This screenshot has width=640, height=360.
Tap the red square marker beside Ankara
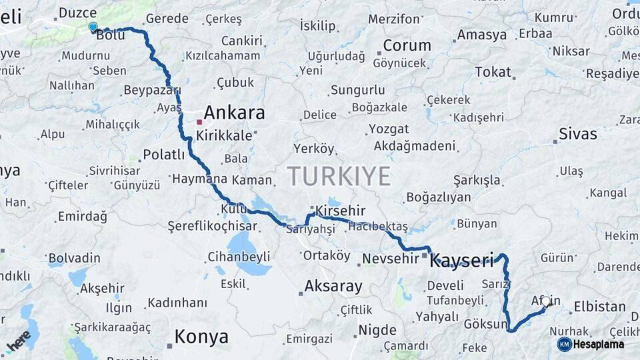click(x=199, y=122)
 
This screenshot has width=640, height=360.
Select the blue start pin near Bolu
click(x=93, y=27)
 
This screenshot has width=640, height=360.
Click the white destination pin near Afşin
click(x=546, y=301)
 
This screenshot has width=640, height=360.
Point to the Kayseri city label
click(x=462, y=260)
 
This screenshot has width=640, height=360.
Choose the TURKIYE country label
click(x=339, y=176)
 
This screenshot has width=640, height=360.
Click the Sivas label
click(x=577, y=134)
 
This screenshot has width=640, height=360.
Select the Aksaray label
click(x=333, y=287)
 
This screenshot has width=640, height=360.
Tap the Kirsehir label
click(x=341, y=211)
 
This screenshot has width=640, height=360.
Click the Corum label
click(x=407, y=46)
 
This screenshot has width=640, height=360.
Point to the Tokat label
click(x=493, y=72)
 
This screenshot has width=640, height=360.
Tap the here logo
click(x=19, y=340)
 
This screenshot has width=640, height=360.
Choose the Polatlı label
click(x=163, y=155)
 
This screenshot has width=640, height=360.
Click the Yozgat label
click(x=389, y=129)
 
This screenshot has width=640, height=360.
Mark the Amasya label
click(x=482, y=35)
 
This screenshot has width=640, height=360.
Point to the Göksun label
click(x=486, y=324)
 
